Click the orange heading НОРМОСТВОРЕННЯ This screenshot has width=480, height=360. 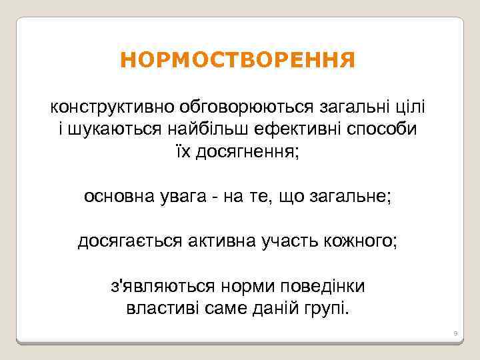(238, 61)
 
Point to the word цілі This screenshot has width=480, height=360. (411, 107)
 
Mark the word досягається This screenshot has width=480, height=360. (129, 241)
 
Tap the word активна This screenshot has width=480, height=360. (220, 241)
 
